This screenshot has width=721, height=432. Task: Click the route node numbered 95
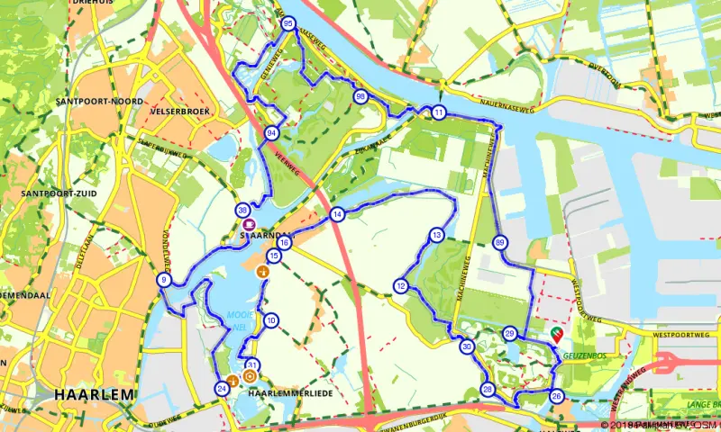[287, 23]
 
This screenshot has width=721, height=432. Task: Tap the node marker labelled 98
[360, 97]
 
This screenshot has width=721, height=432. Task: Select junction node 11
[439, 112]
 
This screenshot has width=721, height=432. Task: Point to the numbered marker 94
[271, 133]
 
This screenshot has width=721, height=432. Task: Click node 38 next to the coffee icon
[242, 210]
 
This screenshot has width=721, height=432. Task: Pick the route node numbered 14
[337, 214]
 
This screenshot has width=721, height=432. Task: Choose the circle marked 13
[436, 235]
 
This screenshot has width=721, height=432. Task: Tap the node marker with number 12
[400, 286]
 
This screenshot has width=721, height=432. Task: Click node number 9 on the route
[163, 281]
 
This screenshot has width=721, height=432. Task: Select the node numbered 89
[500, 241]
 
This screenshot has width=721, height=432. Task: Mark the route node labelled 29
[510, 334]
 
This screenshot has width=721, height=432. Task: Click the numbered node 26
[556, 396]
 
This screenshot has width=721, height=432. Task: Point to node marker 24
[221, 388]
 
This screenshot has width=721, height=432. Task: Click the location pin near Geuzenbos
[556, 335]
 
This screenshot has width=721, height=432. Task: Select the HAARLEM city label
[94, 394]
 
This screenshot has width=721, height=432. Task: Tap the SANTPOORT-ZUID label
[55, 193]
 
